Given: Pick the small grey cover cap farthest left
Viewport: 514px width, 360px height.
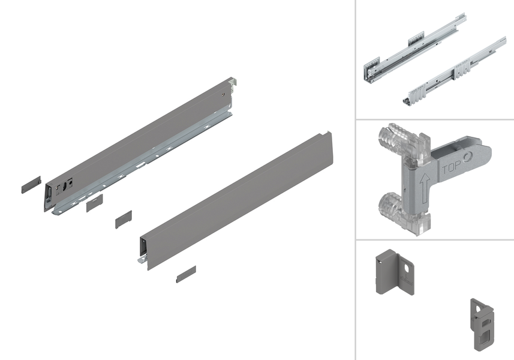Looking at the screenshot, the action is (31, 185).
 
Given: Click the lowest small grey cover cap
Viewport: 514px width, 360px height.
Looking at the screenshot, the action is (186, 274).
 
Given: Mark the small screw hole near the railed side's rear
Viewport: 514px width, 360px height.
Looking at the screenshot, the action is (223, 95).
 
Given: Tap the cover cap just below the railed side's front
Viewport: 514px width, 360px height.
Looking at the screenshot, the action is (94, 203).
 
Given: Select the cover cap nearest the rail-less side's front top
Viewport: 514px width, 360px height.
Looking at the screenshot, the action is (124, 220).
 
